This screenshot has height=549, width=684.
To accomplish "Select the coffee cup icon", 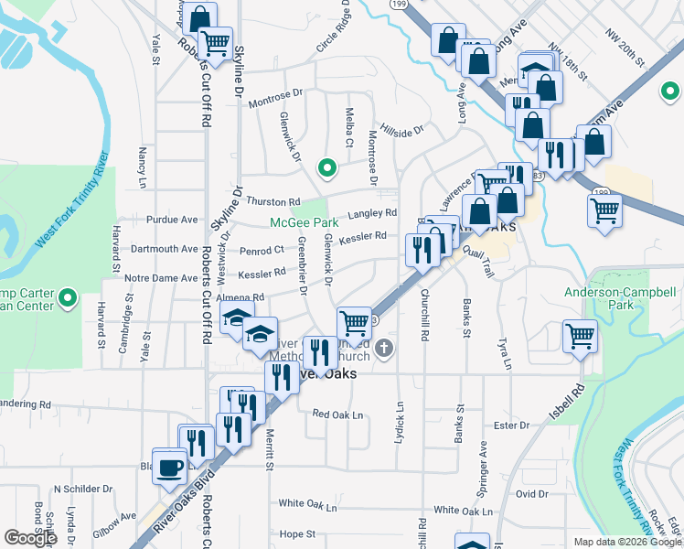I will point(169,467).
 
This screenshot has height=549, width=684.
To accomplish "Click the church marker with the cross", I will point(385,348).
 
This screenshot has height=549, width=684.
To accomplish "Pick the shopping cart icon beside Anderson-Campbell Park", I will point(579,336).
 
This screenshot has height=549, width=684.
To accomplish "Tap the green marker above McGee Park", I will point(325,167).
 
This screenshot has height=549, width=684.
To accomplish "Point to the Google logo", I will point(30,538).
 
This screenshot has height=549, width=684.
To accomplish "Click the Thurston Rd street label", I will point(273,201).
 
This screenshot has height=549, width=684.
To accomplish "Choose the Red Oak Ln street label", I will point(337,414).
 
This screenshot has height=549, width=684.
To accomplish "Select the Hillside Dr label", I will point(402,130).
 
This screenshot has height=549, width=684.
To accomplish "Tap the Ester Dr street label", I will point(511,425).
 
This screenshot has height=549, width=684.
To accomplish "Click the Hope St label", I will point(297,533).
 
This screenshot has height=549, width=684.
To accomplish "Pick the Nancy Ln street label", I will point(142,167).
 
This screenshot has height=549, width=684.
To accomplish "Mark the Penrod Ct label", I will point(262,250).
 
